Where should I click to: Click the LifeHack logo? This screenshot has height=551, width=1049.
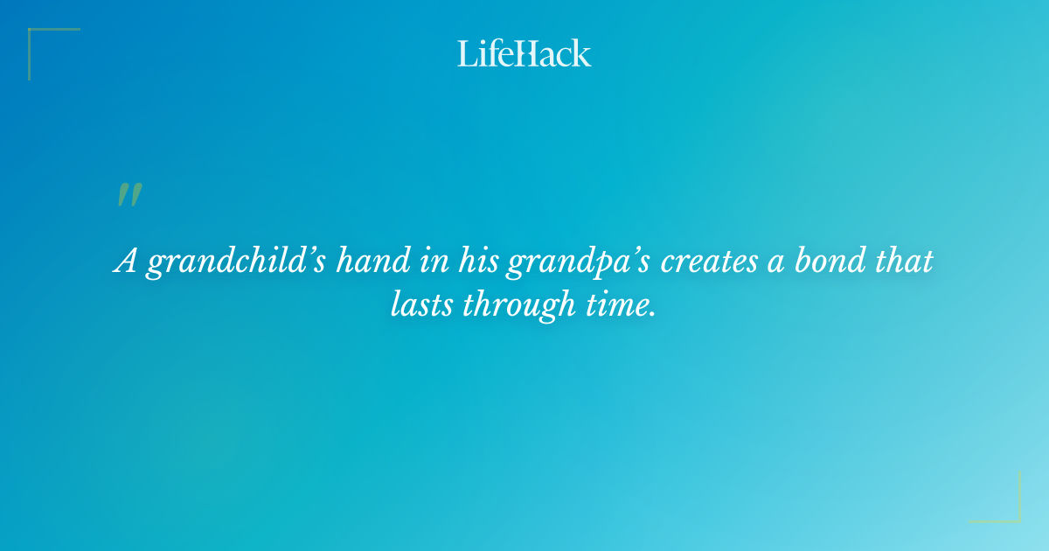click(524, 53)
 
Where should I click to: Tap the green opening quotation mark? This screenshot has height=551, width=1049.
click(129, 195)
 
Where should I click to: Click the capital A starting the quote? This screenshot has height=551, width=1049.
click(126, 262)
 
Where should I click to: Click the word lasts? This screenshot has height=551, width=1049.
click(421, 303)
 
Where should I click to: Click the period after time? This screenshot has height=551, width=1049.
click(652, 314)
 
